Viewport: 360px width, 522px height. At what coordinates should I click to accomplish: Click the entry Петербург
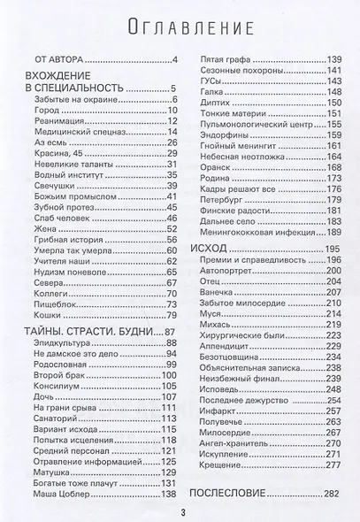217,187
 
